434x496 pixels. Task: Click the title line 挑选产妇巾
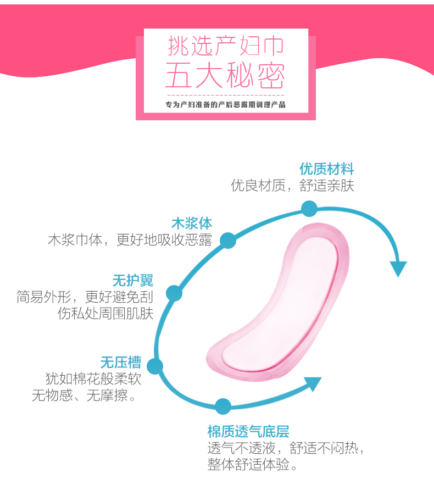click(225, 47)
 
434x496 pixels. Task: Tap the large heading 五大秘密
click(225, 76)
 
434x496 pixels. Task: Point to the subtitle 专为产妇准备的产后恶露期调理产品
click(225, 104)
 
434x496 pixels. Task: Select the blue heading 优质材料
click(326, 168)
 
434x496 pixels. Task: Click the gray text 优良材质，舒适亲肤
click(292, 185)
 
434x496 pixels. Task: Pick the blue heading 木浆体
click(192, 224)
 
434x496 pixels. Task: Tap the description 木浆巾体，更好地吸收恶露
click(130, 241)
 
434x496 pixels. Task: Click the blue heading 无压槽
click(120, 363)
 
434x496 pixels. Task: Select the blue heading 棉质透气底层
click(248, 431)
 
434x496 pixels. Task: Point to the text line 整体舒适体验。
click(254, 465)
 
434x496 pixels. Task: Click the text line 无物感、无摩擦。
click(84, 395)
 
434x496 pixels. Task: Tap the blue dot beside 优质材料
click(309, 209)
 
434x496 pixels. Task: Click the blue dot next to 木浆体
click(228, 240)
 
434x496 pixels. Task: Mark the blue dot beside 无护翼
click(174, 293)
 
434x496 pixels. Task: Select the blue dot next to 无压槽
click(155, 366)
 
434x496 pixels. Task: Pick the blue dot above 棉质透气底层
click(222, 406)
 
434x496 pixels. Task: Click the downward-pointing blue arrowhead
click(398, 268)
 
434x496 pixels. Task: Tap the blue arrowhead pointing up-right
click(312, 383)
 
